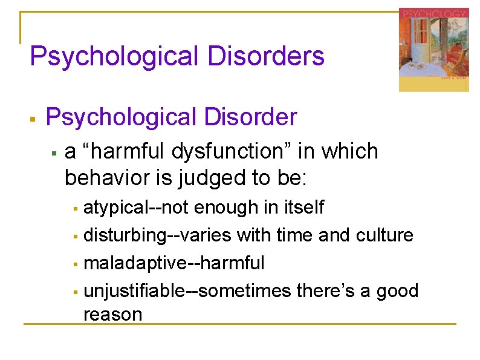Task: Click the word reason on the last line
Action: pos(112,315)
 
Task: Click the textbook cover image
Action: pos(433,50)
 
